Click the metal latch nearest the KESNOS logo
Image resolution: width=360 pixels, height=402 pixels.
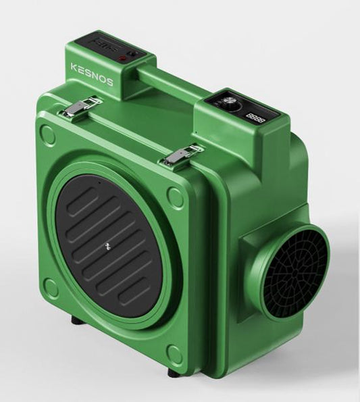82,105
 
